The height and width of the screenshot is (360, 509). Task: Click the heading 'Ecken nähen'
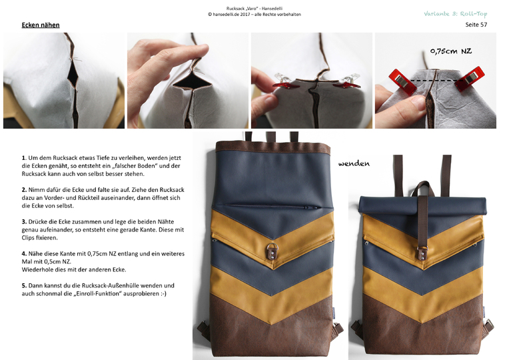41,25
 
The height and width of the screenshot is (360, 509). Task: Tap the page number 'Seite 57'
476,25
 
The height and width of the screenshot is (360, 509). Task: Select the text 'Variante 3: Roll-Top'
456,13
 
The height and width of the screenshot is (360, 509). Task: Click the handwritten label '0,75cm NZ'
451,51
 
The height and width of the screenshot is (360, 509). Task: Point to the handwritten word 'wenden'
354,163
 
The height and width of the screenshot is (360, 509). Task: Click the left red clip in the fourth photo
403,81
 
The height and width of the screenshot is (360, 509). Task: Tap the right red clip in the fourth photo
470,79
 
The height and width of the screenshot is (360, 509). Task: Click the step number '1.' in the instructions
24,158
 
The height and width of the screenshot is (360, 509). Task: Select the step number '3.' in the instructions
24,221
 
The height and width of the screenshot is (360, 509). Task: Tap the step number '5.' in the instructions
24,285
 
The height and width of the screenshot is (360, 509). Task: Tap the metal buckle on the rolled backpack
422,253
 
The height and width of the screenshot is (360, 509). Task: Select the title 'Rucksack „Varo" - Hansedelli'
254,9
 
